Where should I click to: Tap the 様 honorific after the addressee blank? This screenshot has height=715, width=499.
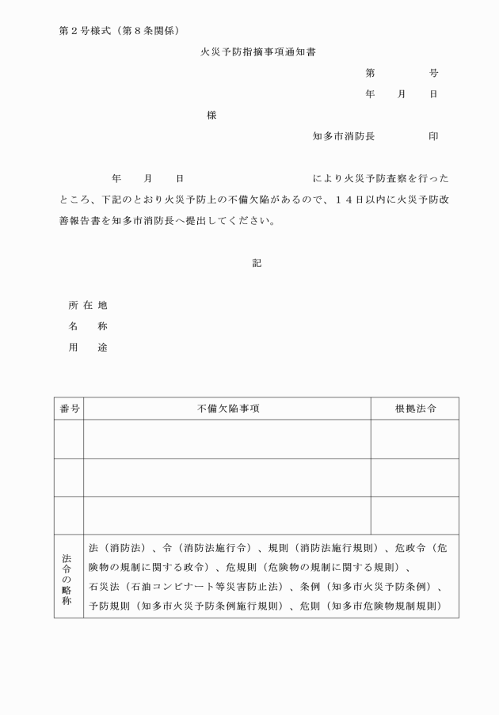coord(211,115)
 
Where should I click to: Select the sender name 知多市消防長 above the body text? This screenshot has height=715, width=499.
coord(344,136)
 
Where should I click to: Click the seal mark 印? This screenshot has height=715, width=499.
coord(433,136)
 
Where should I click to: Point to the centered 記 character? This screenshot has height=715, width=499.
coord(257,263)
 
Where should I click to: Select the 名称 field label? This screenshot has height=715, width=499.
coord(88,326)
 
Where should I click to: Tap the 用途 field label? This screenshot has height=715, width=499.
coord(88,348)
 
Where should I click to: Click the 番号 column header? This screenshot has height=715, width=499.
coord(69,409)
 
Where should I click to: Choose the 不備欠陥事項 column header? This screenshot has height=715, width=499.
coord(228,409)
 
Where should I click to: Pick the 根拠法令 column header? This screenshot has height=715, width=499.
coord(415,409)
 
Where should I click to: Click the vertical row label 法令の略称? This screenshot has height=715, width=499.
coord(67,576)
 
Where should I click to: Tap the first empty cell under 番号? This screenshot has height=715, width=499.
coord(69,439)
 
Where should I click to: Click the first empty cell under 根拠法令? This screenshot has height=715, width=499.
coord(415,439)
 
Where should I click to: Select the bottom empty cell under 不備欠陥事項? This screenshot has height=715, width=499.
coord(227,515)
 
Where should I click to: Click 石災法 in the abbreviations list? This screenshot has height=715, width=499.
coord(102,588)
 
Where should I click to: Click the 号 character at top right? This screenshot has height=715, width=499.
coord(433,73)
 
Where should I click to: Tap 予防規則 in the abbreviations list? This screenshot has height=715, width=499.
coord(108,607)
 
